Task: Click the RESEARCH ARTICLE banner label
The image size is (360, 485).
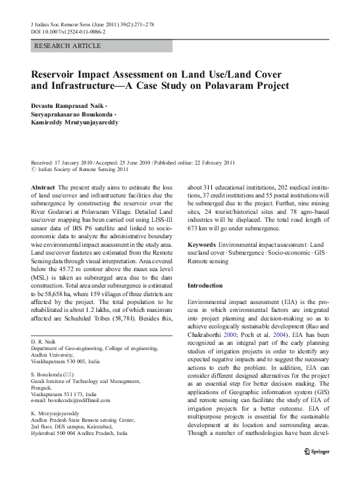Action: click(x=63, y=47)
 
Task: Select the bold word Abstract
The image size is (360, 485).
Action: click(x=43, y=188)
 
